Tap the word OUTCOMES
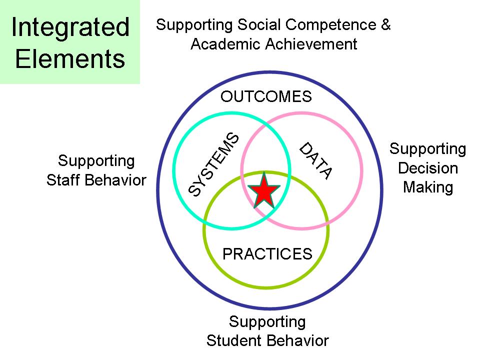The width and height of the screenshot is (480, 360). (266, 96)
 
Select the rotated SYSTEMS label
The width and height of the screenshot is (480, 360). (214, 164)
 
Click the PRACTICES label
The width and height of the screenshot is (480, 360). (267, 254)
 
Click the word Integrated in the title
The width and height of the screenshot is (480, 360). (70, 27)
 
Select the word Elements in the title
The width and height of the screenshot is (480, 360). (70, 58)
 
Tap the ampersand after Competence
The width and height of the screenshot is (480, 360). (385, 24)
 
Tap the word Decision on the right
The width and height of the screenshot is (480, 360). (428, 168)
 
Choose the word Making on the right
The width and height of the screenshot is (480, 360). (428, 187)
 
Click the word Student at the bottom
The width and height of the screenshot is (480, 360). (234, 341)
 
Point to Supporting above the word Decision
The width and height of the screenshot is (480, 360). (428, 149)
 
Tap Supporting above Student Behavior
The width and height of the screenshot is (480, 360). (267, 321)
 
